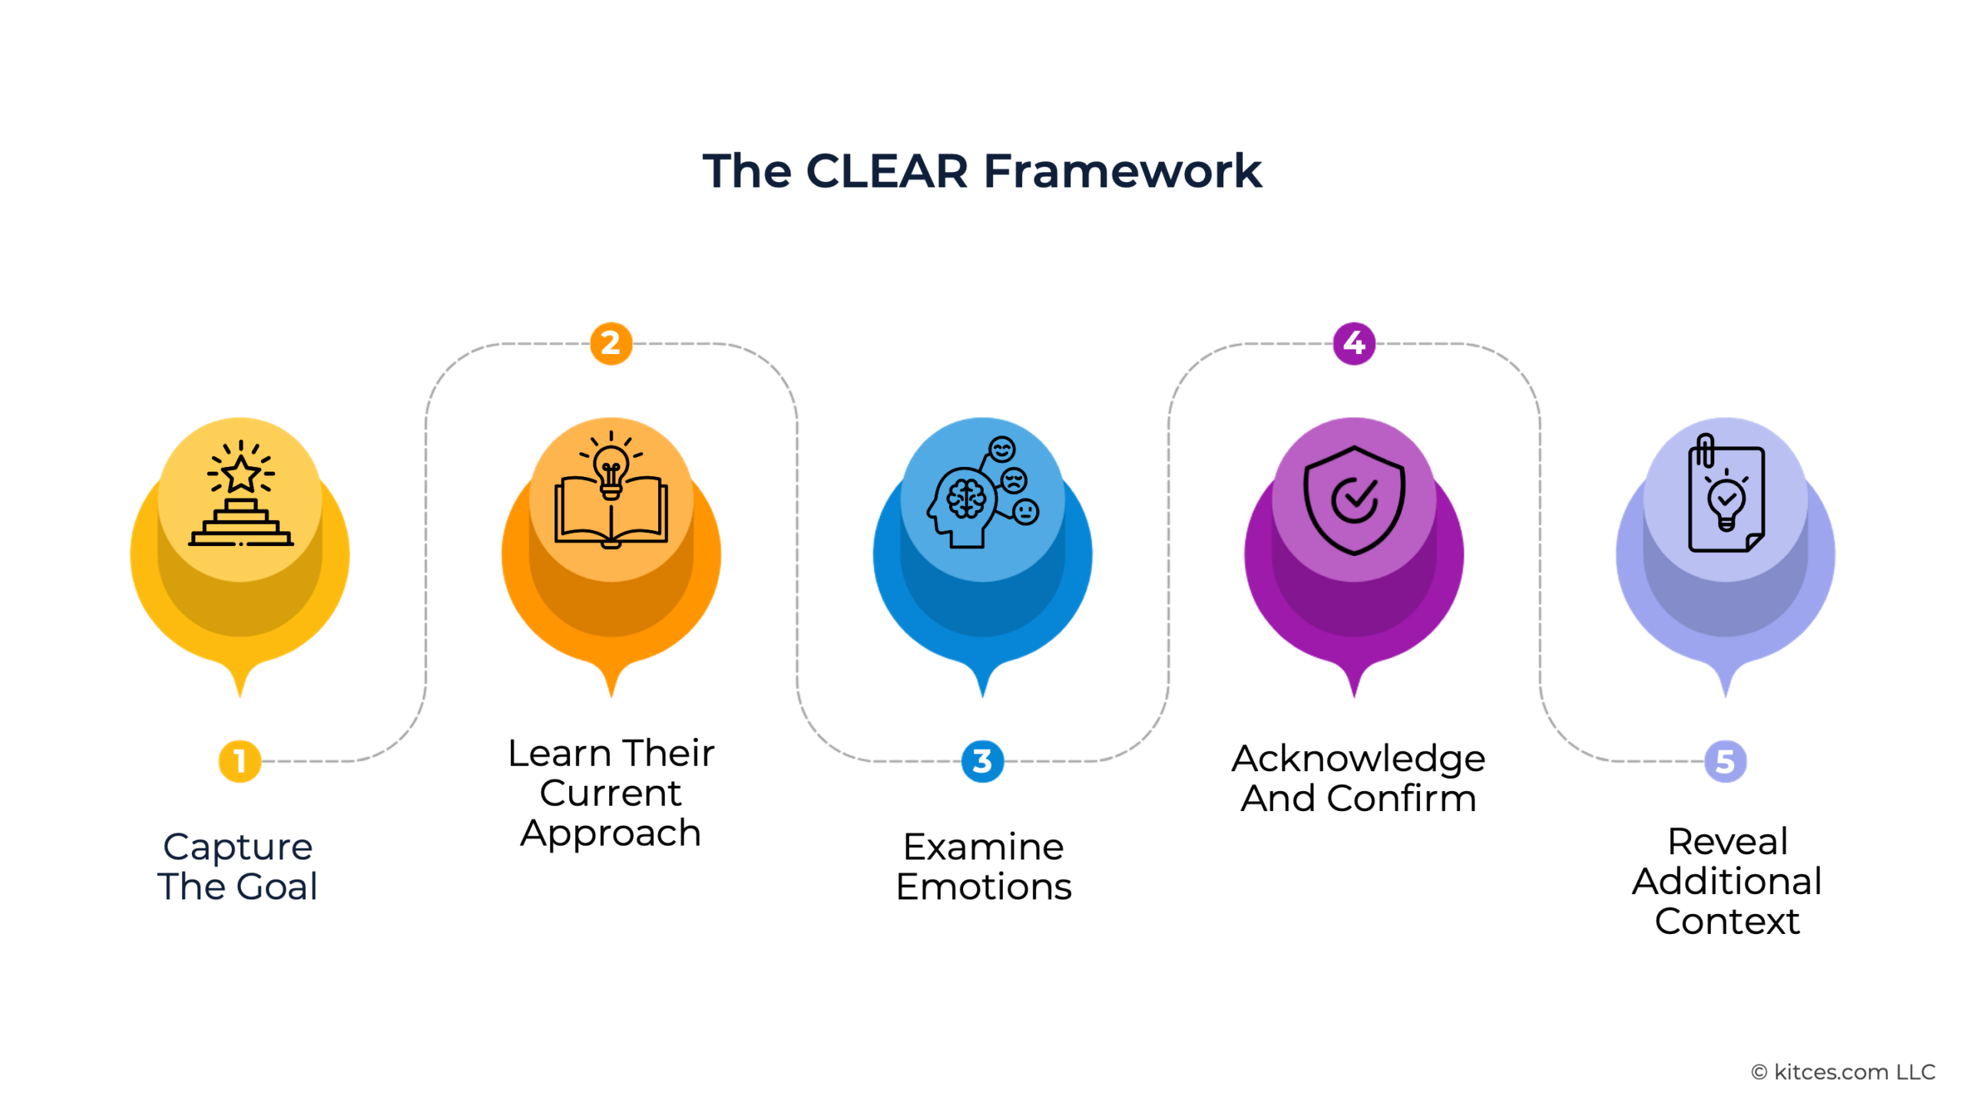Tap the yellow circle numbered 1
coord(240,761)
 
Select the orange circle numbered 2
coord(611,343)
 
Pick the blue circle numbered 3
coord(982,761)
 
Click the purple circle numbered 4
coord(1354,343)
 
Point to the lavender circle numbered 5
coord(1725,761)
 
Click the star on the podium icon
coord(241,473)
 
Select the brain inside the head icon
coord(965,498)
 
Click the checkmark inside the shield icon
coord(1355,498)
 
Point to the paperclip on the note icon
coord(1705,451)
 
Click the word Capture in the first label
coord(238,847)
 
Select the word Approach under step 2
coord(611,834)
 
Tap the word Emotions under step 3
coord(984,887)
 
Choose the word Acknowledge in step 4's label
coord(1358,759)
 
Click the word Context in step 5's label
coord(1726,921)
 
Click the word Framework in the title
coord(1122,171)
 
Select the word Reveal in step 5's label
coord(1727,842)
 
